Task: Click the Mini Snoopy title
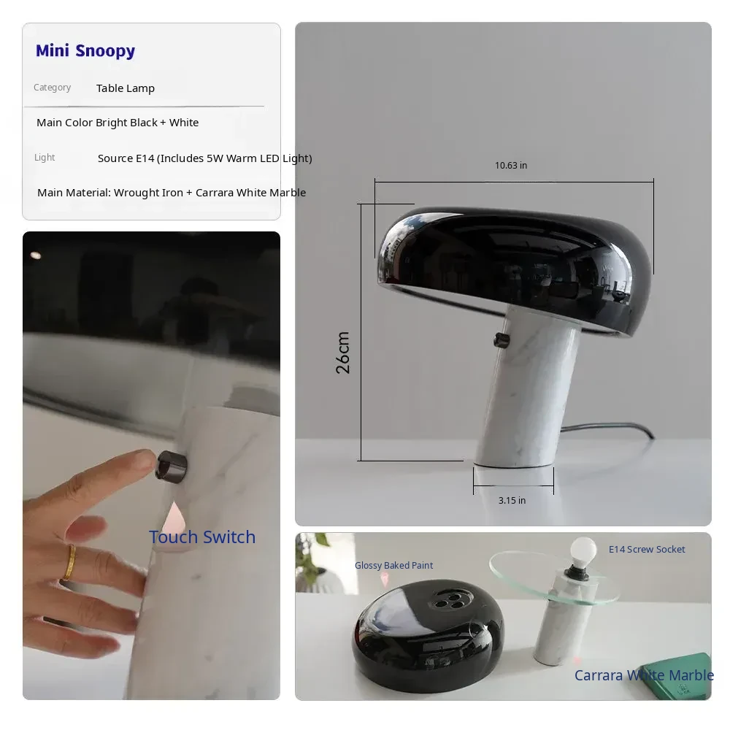click(x=85, y=51)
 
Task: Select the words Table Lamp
click(x=126, y=88)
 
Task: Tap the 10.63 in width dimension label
click(x=511, y=165)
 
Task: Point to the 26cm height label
click(x=342, y=353)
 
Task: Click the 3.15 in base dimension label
click(x=512, y=501)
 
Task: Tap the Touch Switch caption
click(x=202, y=537)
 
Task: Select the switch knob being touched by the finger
click(x=172, y=465)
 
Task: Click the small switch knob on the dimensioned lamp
click(x=502, y=340)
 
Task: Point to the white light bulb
click(x=583, y=551)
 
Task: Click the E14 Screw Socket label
click(x=647, y=550)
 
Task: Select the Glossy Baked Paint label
click(x=394, y=565)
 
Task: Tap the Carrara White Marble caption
click(x=644, y=675)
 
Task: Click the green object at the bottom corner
click(x=677, y=675)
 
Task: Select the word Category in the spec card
click(x=52, y=88)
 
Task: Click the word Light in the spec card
click(x=45, y=158)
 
